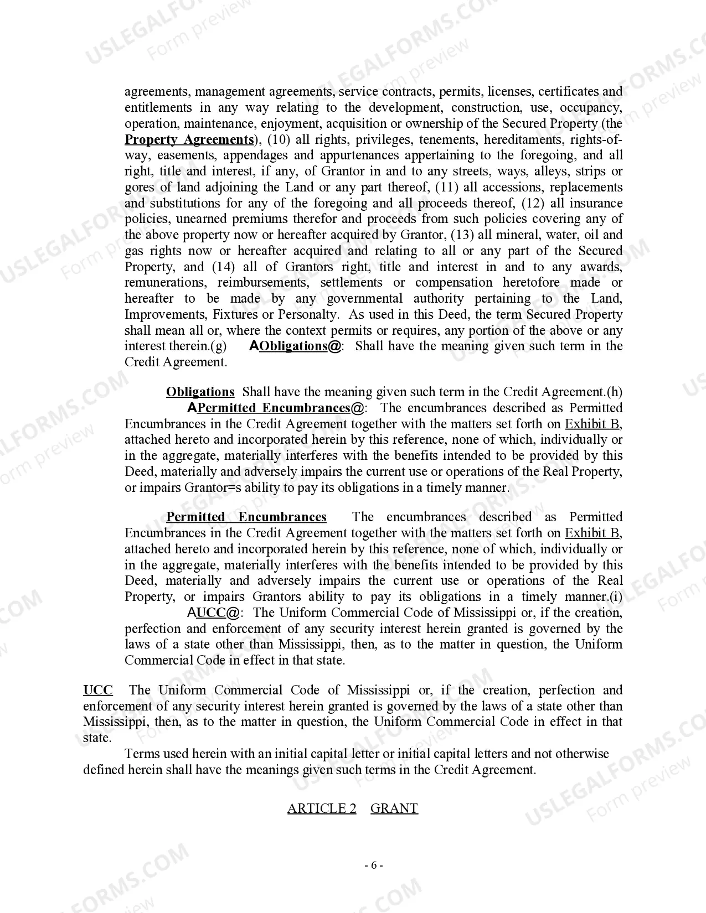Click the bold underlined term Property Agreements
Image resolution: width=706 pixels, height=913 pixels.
(189, 139)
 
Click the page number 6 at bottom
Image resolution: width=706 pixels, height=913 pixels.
(374, 865)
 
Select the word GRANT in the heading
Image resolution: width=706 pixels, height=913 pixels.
(394, 808)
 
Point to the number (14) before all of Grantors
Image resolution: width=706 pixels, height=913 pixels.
(224, 267)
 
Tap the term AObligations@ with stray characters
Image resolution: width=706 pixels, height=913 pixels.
(295, 346)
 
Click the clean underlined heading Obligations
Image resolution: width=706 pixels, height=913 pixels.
(200, 392)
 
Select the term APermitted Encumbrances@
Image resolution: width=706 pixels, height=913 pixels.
(276, 408)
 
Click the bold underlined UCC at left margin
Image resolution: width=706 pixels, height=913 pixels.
(98, 690)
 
